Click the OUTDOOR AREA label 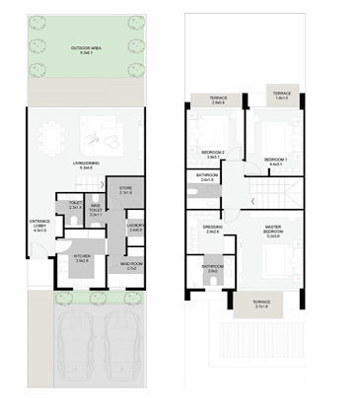coord(86,49)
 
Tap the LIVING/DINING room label coord(86,166)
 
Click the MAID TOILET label coord(96,211)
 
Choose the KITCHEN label coord(83,258)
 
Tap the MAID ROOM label coord(132,265)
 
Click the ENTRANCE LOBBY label coord(39,227)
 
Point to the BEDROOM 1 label coord(274,160)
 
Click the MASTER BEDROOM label coord(274,233)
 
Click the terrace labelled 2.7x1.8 coord(260,304)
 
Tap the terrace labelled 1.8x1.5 coord(281,95)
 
